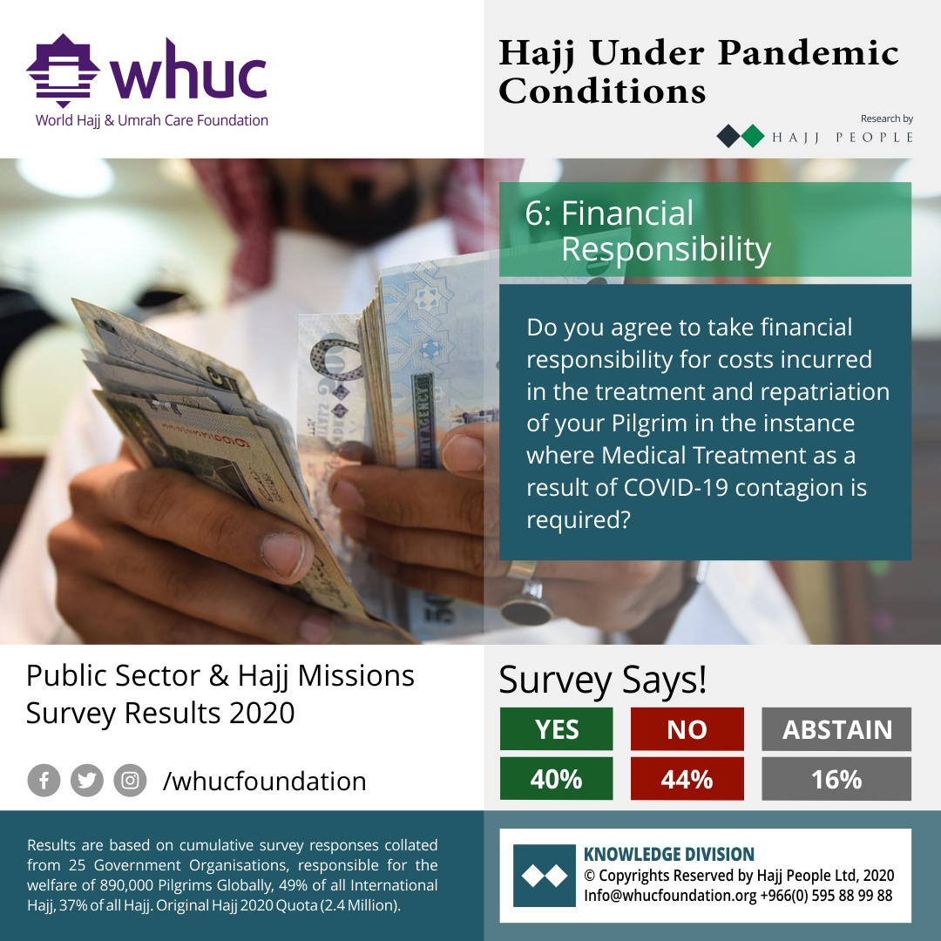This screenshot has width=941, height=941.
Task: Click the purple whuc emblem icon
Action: (x=63, y=71)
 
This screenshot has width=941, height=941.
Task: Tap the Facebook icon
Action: (x=44, y=781)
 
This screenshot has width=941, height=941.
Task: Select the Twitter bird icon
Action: (x=87, y=781)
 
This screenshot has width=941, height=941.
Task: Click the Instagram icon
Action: (x=130, y=781)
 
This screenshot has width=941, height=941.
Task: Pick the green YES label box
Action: (x=556, y=729)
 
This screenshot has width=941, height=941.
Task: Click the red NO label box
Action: (x=687, y=729)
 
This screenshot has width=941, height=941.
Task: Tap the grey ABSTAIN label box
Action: (x=836, y=729)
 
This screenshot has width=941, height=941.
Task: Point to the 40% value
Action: (x=556, y=779)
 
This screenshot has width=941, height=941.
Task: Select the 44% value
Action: (x=687, y=779)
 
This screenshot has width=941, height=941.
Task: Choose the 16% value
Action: (x=836, y=779)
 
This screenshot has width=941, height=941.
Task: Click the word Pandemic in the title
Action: (x=809, y=53)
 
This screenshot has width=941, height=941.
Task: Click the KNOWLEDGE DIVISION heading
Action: (x=669, y=854)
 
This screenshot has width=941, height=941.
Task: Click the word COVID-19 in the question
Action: (x=676, y=487)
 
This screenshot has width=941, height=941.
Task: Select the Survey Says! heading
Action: (x=603, y=680)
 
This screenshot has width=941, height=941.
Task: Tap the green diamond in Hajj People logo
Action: (x=753, y=136)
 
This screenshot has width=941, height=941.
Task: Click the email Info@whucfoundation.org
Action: (x=670, y=896)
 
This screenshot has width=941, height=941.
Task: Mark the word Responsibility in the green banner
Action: (x=667, y=250)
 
